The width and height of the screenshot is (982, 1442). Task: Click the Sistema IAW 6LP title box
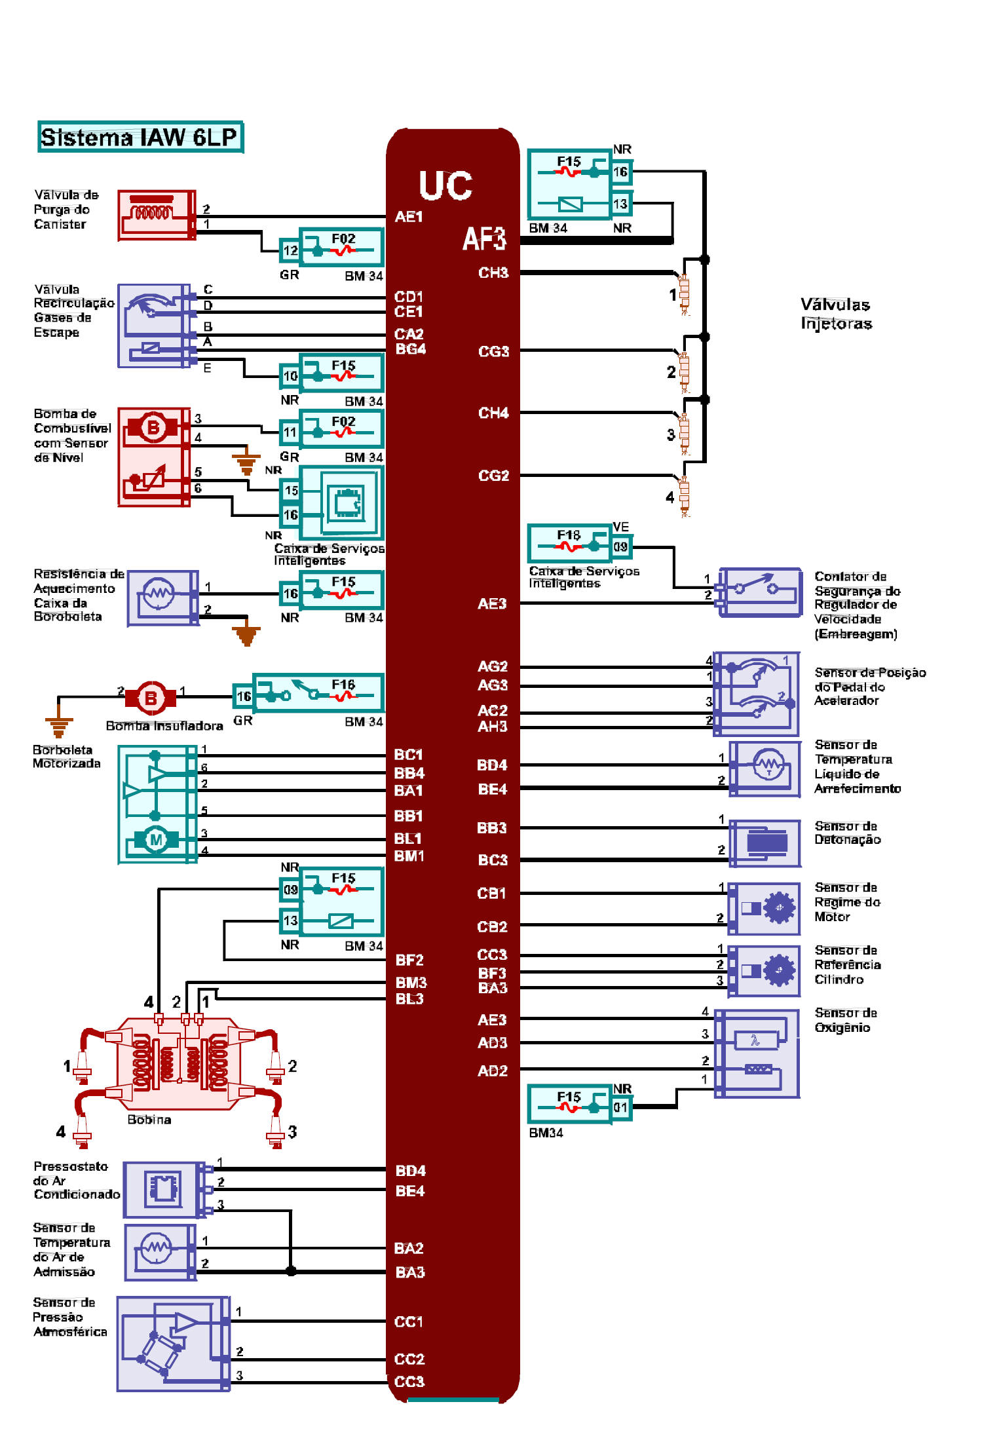pyautogui.click(x=140, y=137)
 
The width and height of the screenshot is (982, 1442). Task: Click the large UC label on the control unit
pyautogui.click(x=445, y=185)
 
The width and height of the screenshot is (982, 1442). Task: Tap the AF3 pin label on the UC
pyautogui.click(x=484, y=239)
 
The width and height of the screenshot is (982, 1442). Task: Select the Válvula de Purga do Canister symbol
pyautogui.click(x=157, y=215)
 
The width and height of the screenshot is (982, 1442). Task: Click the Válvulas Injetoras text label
pyautogui.click(x=836, y=314)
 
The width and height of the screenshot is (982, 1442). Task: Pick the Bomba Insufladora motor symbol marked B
pyautogui.click(x=151, y=698)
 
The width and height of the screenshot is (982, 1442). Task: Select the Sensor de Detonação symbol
pyautogui.click(x=765, y=843)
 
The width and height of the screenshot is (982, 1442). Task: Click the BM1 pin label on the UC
pyautogui.click(x=409, y=856)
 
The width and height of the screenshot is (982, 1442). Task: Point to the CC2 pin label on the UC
pyautogui.click(x=409, y=1359)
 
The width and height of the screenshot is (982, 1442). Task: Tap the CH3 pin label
pyautogui.click(x=493, y=273)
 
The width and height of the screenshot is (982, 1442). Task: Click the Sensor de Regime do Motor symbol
pyautogui.click(x=765, y=908)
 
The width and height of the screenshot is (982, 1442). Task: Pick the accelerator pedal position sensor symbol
pyautogui.click(x=757, y=693)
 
